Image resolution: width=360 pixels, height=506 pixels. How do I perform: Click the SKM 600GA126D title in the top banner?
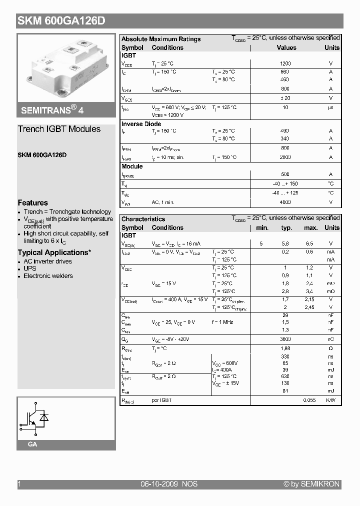point(61,21)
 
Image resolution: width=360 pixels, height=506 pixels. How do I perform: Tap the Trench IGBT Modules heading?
point(59,129)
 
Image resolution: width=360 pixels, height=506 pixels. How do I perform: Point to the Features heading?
point(33,202)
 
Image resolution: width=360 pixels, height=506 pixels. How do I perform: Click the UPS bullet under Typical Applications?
point(30,268)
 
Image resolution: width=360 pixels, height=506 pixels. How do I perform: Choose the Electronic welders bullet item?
point(48,276)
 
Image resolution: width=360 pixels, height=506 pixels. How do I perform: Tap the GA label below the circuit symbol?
point(32,444)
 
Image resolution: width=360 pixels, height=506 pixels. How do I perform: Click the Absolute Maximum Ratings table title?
point(161,39)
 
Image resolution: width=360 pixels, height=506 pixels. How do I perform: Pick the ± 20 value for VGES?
point(285,98)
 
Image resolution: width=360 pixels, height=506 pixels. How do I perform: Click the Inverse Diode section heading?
point(141,124)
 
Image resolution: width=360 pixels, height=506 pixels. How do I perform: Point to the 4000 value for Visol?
point(285,202)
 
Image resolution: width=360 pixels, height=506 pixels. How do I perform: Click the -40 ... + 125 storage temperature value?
point(285,193)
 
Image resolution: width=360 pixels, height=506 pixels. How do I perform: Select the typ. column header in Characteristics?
point(286,228)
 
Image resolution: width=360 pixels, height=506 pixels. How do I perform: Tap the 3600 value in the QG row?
point(285,339)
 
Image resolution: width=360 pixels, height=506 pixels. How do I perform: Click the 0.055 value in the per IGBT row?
point(309,400)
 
